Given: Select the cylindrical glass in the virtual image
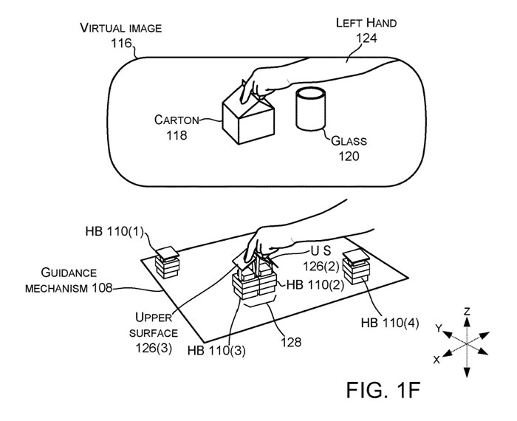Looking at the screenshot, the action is coord(311,109).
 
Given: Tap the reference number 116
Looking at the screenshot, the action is coord(121,43).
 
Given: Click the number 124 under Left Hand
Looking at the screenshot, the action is coord(366,38).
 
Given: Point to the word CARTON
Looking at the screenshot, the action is coord(177,120).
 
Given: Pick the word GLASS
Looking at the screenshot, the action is coord(349,141).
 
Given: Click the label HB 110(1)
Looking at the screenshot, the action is coord(114,231).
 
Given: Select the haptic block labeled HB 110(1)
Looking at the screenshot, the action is coord(167,262).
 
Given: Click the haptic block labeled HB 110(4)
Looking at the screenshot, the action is coord(356,267).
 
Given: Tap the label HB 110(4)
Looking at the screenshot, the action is coord(390,323).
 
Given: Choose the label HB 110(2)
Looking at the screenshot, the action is coord(315,284).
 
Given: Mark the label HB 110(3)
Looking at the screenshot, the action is coord(216,350).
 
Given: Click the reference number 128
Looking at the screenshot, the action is coord(291,342).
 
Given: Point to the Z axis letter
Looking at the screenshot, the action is coord(467,311).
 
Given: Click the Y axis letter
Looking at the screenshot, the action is coord(438,328).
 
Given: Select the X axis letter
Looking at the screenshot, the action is coord(436,360).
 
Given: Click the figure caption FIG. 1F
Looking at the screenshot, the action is coord(383,390).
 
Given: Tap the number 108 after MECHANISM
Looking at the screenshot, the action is coord(102,288).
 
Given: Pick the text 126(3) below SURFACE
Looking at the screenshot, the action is coord(154,348).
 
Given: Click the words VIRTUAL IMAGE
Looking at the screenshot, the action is coord(121,28).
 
